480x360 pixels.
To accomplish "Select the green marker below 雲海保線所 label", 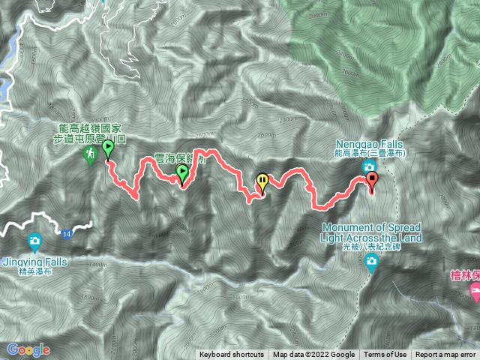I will pos(181,174).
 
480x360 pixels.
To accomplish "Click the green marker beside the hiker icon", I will pos(108,148).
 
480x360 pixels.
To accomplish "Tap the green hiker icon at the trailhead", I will pos(90,154).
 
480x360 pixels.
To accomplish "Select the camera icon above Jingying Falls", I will pos(34,241).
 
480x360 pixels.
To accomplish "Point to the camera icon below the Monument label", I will pos(373,262).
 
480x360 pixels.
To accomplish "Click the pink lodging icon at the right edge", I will pos(474,289).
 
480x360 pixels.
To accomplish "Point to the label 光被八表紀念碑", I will pos(372,247).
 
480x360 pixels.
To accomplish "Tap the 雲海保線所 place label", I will pos(175,158).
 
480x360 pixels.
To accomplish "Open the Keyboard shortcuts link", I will pos(232,355).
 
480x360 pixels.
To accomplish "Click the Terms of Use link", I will pos(385,355).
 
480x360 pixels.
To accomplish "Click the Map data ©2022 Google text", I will pos(314,355).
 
